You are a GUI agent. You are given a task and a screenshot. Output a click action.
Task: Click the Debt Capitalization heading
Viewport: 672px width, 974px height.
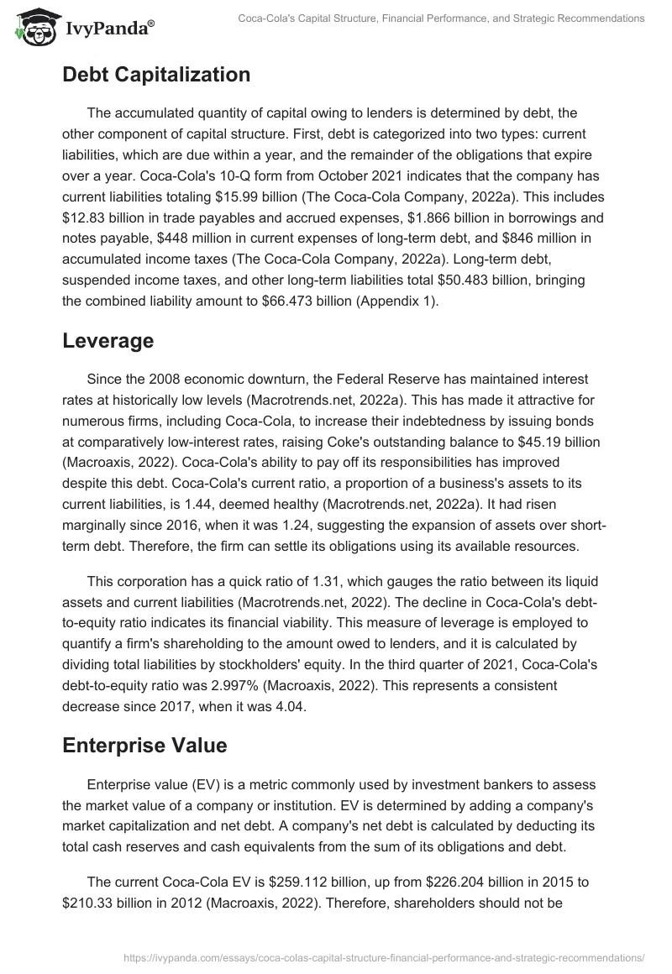156,75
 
